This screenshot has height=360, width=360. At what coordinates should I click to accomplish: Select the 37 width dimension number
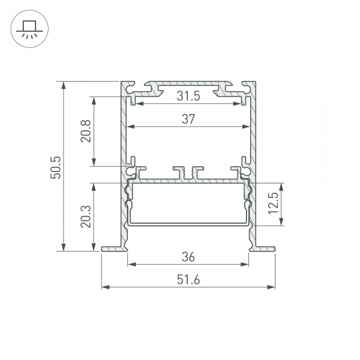coord(188,119)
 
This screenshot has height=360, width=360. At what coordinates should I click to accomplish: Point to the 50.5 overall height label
coord(55,167)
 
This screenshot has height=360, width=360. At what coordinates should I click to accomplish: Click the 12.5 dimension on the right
coord(273,204)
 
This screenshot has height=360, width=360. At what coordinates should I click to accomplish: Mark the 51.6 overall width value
coord(188,280)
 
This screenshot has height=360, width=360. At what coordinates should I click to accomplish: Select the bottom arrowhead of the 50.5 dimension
coord(64,247)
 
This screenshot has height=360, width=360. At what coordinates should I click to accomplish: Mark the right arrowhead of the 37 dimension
coord(246,127)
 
